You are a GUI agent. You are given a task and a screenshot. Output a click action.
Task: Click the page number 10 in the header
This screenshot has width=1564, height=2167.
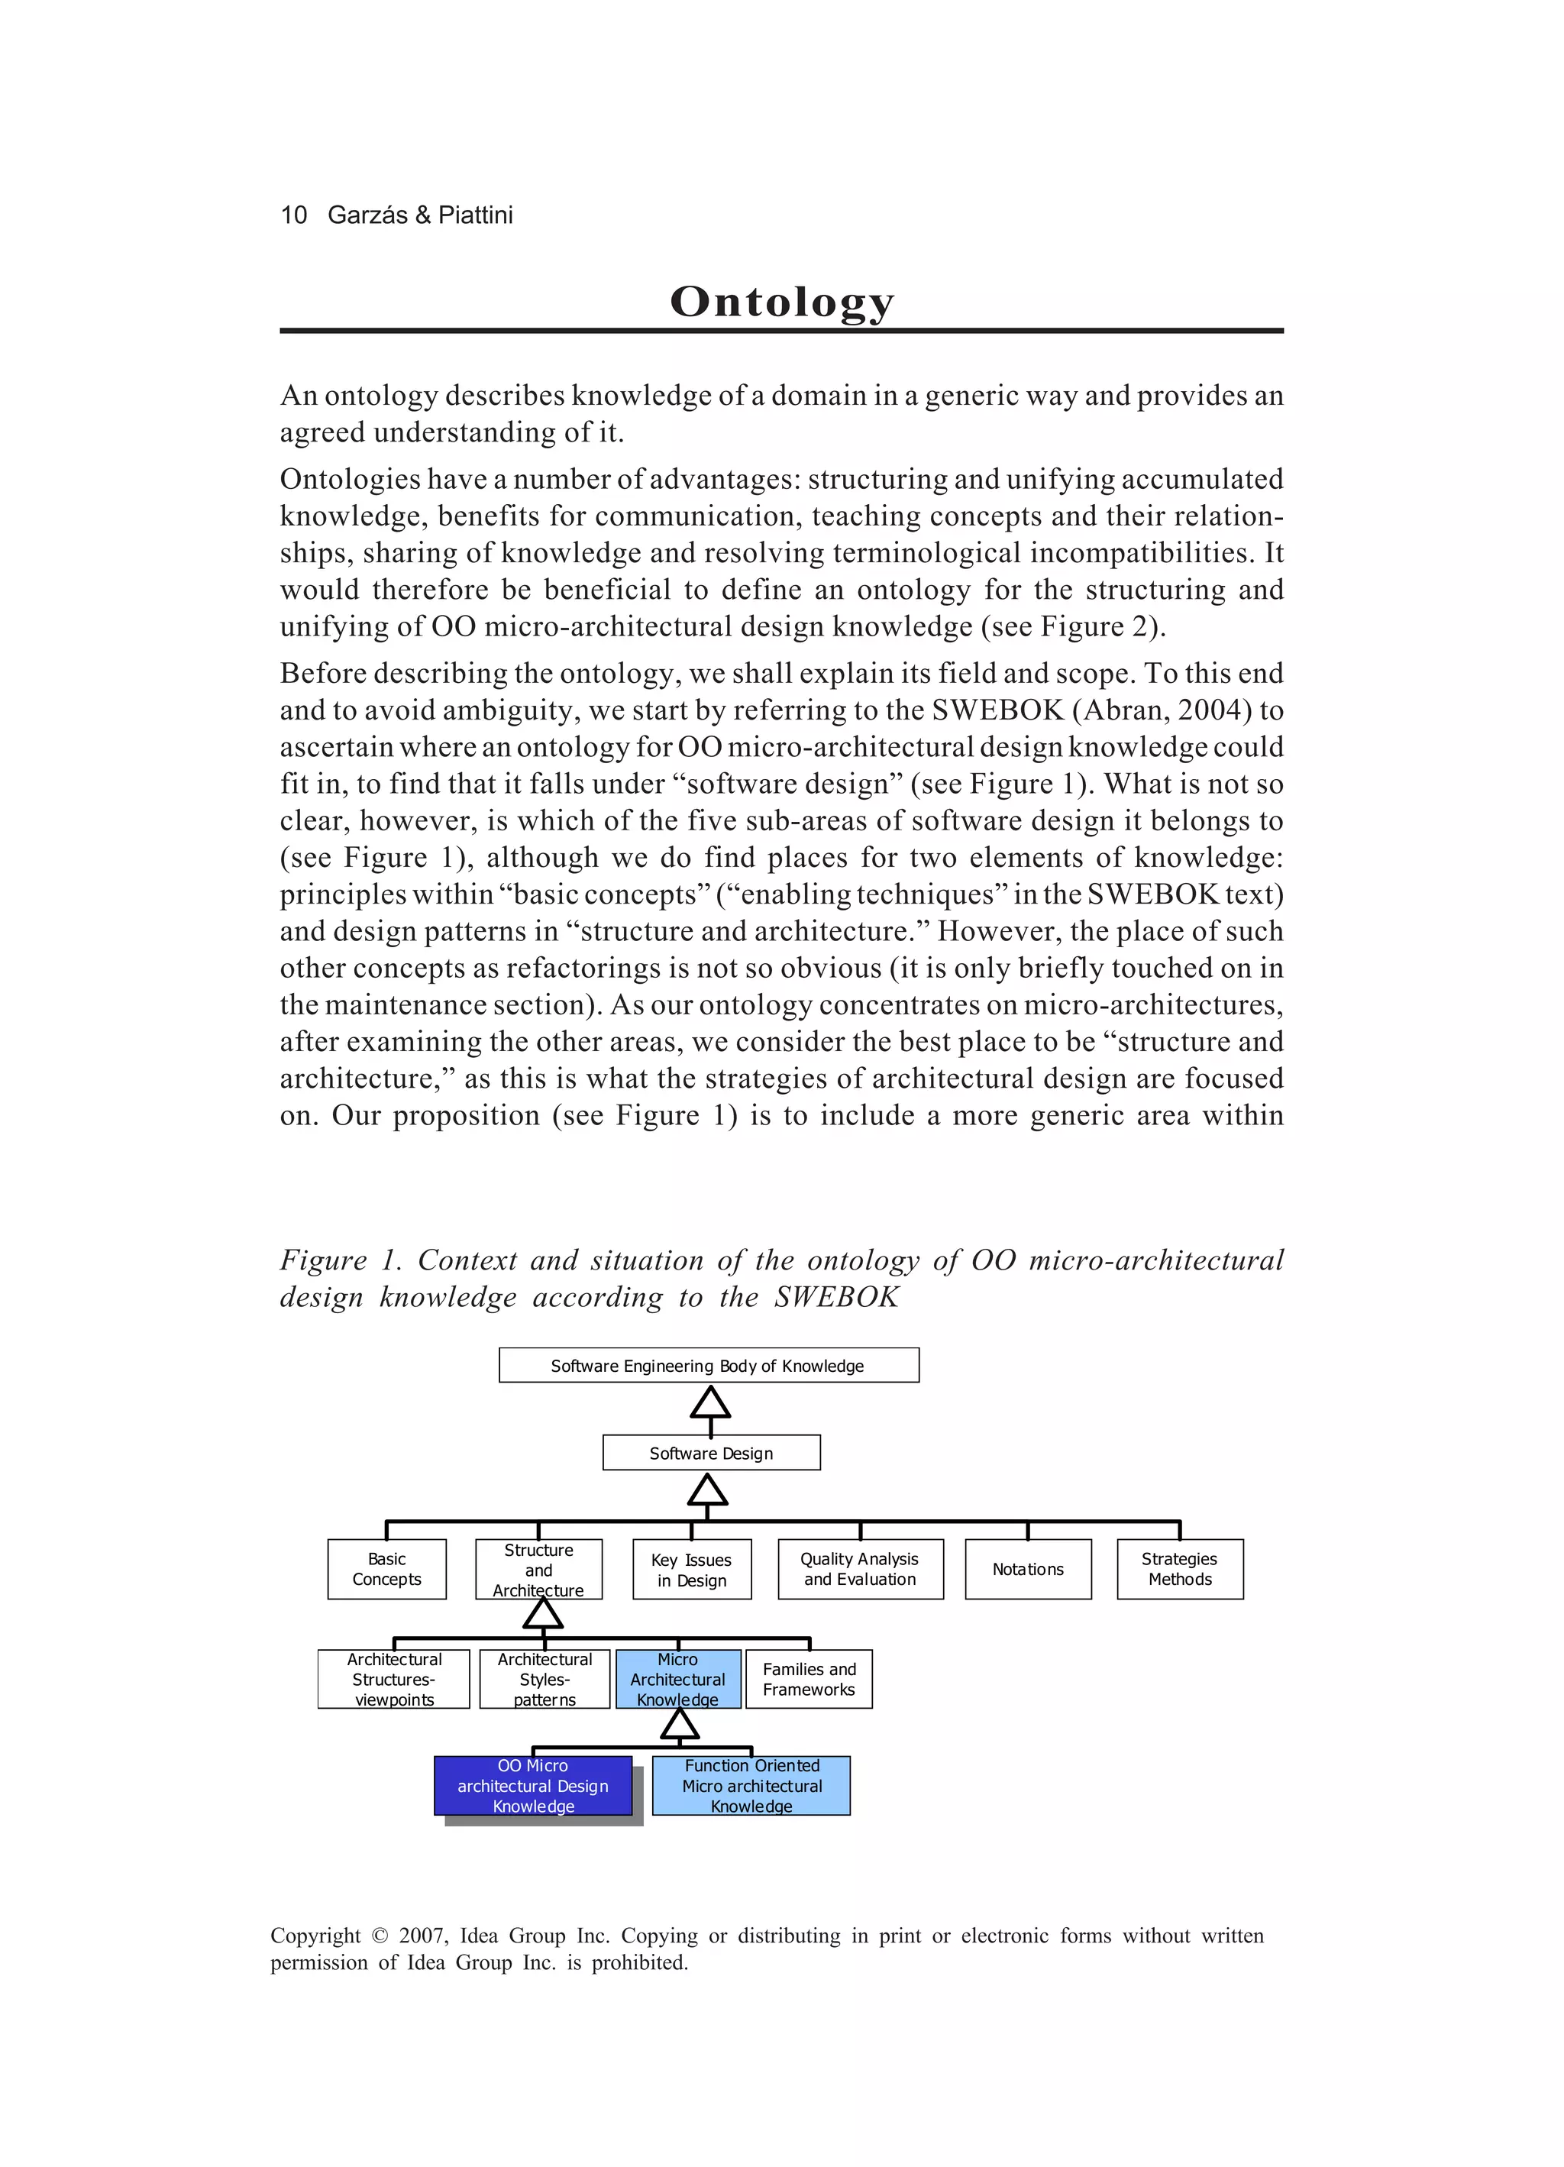(x=293, y=215)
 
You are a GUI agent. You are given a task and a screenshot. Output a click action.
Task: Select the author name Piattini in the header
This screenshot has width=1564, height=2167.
(x=475, y=215)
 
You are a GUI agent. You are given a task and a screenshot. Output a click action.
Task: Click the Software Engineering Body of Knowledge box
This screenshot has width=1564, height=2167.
(x=708, y=1366)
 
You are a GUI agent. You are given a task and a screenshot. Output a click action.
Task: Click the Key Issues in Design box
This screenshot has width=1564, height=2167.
(x=692, y=1570)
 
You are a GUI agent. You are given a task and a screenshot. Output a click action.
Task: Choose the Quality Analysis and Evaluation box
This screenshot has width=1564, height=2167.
(x=860, y=1569)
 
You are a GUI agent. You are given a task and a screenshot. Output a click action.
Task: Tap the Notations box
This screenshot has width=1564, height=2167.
(x=1028, y=1569)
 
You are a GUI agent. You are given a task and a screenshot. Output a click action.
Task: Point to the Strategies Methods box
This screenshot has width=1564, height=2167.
(x=1180, y=1569)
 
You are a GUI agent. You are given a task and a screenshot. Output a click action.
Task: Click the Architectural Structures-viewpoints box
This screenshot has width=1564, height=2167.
(x=393, y=1679)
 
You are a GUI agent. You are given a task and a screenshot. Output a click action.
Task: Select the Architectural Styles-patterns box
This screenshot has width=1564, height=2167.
(x=544, y=1679)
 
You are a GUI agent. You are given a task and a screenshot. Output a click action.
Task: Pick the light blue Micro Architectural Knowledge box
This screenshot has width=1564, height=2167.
(x=678, y=1679)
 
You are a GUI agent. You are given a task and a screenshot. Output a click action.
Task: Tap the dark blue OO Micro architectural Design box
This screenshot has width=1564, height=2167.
(x=533, y=1786)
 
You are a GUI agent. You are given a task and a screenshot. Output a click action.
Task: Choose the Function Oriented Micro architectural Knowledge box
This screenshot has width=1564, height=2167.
(x=751, y=1786)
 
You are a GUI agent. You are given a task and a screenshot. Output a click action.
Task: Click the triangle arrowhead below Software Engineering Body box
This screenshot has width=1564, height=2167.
(x=710, y=1404)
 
